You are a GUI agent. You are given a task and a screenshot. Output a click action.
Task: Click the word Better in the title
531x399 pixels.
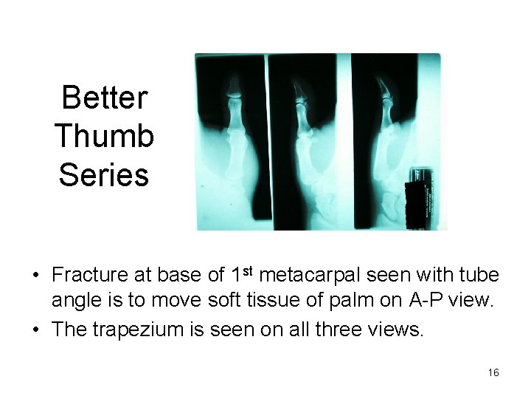[x=105, y=97]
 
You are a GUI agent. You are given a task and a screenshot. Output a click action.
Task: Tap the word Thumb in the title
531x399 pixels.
[x=104, y=136]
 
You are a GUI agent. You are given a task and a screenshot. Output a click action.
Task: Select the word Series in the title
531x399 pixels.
[x=104, y=175]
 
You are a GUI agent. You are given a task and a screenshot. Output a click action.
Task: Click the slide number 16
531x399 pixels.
[x=493, y=373]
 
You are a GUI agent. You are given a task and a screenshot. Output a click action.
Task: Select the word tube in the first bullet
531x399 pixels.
[x=481, y=276]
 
